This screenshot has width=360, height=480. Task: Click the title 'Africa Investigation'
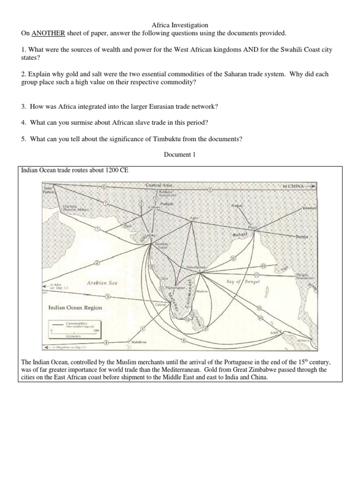(x=180, y=25)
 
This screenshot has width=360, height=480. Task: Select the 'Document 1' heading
(x=180, y=155)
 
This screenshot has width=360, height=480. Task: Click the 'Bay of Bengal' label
(x=243, y=281)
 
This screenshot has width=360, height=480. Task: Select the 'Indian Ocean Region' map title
(x=75, y=307)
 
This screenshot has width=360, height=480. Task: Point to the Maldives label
(x=139, y=343)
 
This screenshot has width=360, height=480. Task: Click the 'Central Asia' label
(x=159, y=185)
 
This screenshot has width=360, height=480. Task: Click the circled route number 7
(x=105, y=203)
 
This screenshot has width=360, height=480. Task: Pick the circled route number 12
(x=233, y=258)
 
